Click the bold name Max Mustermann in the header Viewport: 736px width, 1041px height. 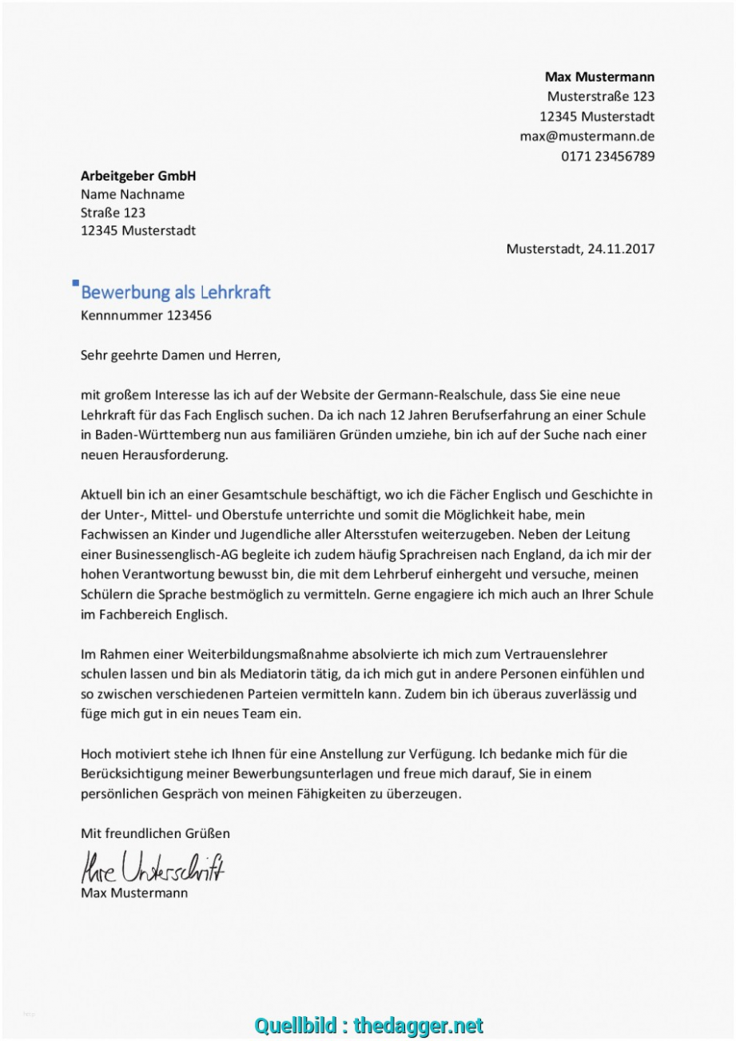(599, 77)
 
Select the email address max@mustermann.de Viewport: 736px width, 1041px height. (587, 136)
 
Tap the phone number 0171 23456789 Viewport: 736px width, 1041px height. (607, 156)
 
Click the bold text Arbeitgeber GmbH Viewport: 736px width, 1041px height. (138, 176)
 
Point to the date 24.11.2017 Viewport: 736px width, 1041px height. (620, 248)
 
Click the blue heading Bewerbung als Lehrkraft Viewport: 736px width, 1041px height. (176, 292)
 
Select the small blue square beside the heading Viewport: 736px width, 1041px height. (75, 282)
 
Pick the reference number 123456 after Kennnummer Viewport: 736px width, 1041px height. (189, 315)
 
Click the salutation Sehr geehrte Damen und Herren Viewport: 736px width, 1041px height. (181, 355)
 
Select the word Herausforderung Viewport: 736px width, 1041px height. (177, 455)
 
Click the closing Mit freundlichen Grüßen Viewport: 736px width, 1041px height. (155, 833)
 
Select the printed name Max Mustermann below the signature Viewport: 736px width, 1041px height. (134, 892)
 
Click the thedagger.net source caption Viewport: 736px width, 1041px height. (368, 1025)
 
